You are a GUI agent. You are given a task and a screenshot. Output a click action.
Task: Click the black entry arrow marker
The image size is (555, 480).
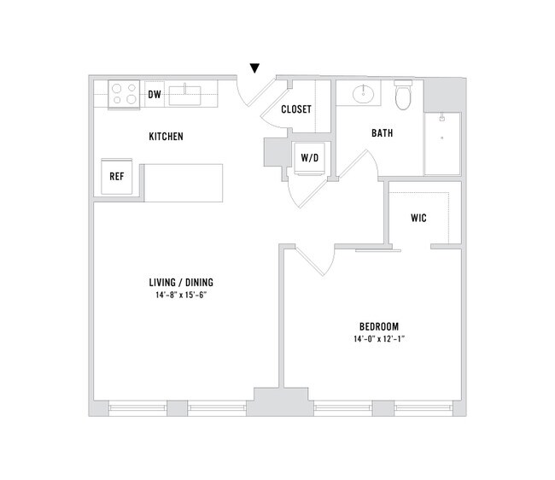tap(254, 68)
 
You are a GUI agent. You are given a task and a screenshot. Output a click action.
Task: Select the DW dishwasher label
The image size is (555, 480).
tap(155, 94)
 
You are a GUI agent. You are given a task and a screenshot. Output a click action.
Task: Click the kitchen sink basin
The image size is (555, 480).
tap(184, 94)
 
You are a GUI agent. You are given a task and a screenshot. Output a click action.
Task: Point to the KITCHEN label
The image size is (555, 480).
tap(166, 137)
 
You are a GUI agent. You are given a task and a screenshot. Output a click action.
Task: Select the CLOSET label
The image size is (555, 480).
tap(296, 109)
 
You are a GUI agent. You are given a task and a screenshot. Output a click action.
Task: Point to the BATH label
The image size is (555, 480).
tap(382, 133)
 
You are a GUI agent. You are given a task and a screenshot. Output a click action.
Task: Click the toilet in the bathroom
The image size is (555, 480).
tap(404, 96)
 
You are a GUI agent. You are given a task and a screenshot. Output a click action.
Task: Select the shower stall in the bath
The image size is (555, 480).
tap(442, 143)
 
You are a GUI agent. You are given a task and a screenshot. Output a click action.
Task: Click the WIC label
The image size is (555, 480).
tap(418, 218)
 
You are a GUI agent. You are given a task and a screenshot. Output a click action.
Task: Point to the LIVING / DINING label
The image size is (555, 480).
tap(181, 283)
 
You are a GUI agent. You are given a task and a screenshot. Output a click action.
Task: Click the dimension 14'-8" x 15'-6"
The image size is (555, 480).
tap(181, 296)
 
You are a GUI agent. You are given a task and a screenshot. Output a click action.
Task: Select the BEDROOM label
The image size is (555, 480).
tap(378, 326)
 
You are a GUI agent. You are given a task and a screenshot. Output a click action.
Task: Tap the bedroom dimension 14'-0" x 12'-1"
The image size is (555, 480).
tap(378, 340)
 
